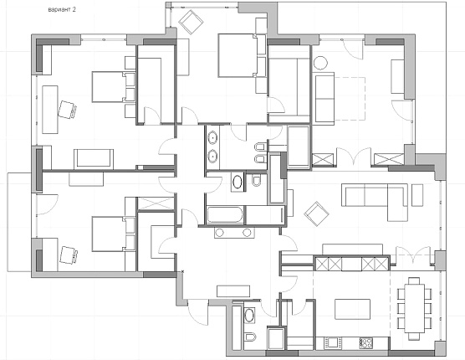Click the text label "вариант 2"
tap(62, 9)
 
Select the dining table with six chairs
tap(414, 309)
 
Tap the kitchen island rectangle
tap(353, 309)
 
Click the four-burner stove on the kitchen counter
tap(365, 343)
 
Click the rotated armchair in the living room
tap(316, 214)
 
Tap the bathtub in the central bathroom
tap(225, 214)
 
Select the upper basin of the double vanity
tap(212, 137)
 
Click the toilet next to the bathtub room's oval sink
tap(256, 180)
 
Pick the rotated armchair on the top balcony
tap(191, 22)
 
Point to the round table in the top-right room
tap(320, 64)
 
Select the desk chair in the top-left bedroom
tap(67, 110)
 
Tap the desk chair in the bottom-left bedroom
tap(69, 255)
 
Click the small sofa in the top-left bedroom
tap(94, 159)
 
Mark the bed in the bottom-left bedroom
tap(114, 234)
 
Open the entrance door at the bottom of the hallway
tap(198, 311)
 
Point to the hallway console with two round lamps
tap(234, 233)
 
